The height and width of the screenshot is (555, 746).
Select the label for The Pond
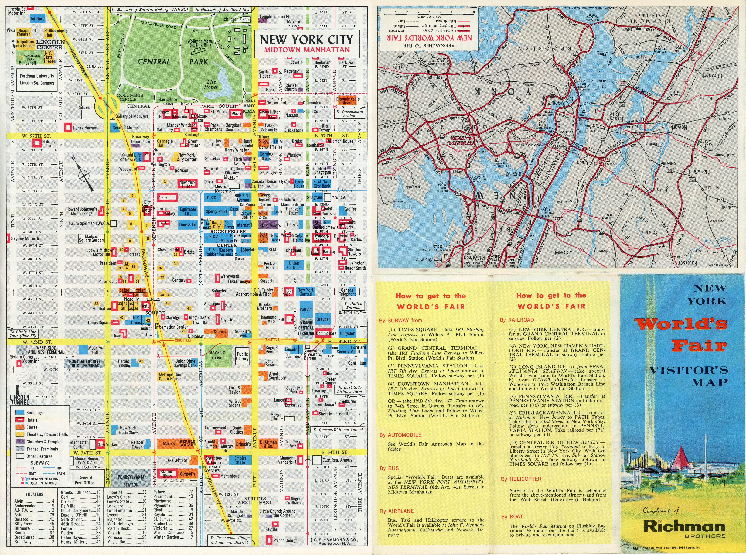[x=211, y=84]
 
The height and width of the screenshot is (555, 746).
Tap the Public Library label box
[x=242, y=356]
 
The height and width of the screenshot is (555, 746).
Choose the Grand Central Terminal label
[x=306, y=328]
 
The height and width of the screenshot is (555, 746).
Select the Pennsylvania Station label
[x=131, y=480]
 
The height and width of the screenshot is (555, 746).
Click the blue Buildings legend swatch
[x=20, y=412]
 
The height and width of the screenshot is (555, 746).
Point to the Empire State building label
[x=240, y=460]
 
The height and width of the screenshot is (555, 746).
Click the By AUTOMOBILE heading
[x=400, y=435]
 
